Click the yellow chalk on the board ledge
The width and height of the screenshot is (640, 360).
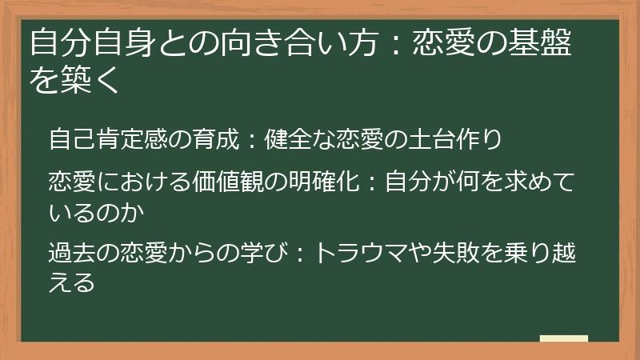563,338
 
